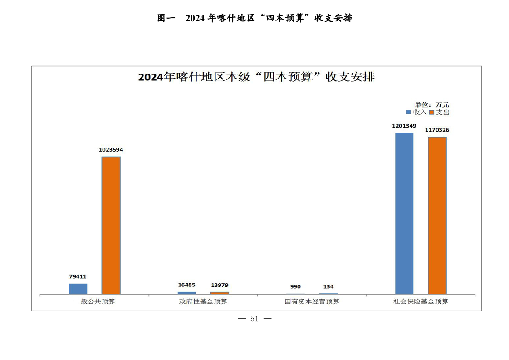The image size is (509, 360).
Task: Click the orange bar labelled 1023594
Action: click(x=111, y=225)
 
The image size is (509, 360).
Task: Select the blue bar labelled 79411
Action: click(x=78, y=289)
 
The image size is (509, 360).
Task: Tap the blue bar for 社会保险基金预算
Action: click(x=404, y=213)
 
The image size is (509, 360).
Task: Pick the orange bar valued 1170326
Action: click(x=437, y=215)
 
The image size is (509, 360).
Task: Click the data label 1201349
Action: click(x=404, y=126)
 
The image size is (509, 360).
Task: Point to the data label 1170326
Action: click(x=437, y=130)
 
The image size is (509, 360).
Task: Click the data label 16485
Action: click(x=186, y=285)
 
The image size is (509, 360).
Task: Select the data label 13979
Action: click(x=220, y=285)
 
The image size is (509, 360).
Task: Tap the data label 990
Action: click(x=295, y=286)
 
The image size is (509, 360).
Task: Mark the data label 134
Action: click(x=328, y=286)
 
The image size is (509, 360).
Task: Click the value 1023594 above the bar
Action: click(x=111, y=149)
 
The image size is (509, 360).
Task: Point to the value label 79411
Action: click(x=78, y=276)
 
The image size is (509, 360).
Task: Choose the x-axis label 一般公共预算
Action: click(x=94, y=301)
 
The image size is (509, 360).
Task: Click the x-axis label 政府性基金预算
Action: click(x=203, y=301)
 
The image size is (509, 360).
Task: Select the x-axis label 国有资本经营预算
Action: click(x=312, y=301)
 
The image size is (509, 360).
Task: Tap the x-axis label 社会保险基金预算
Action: click(x=421, y=301)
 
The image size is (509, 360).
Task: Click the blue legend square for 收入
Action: click(x=409, y=112)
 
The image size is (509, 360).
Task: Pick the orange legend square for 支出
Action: click(x=432, y=112)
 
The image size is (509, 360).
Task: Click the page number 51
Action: click(x=254, y=319)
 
